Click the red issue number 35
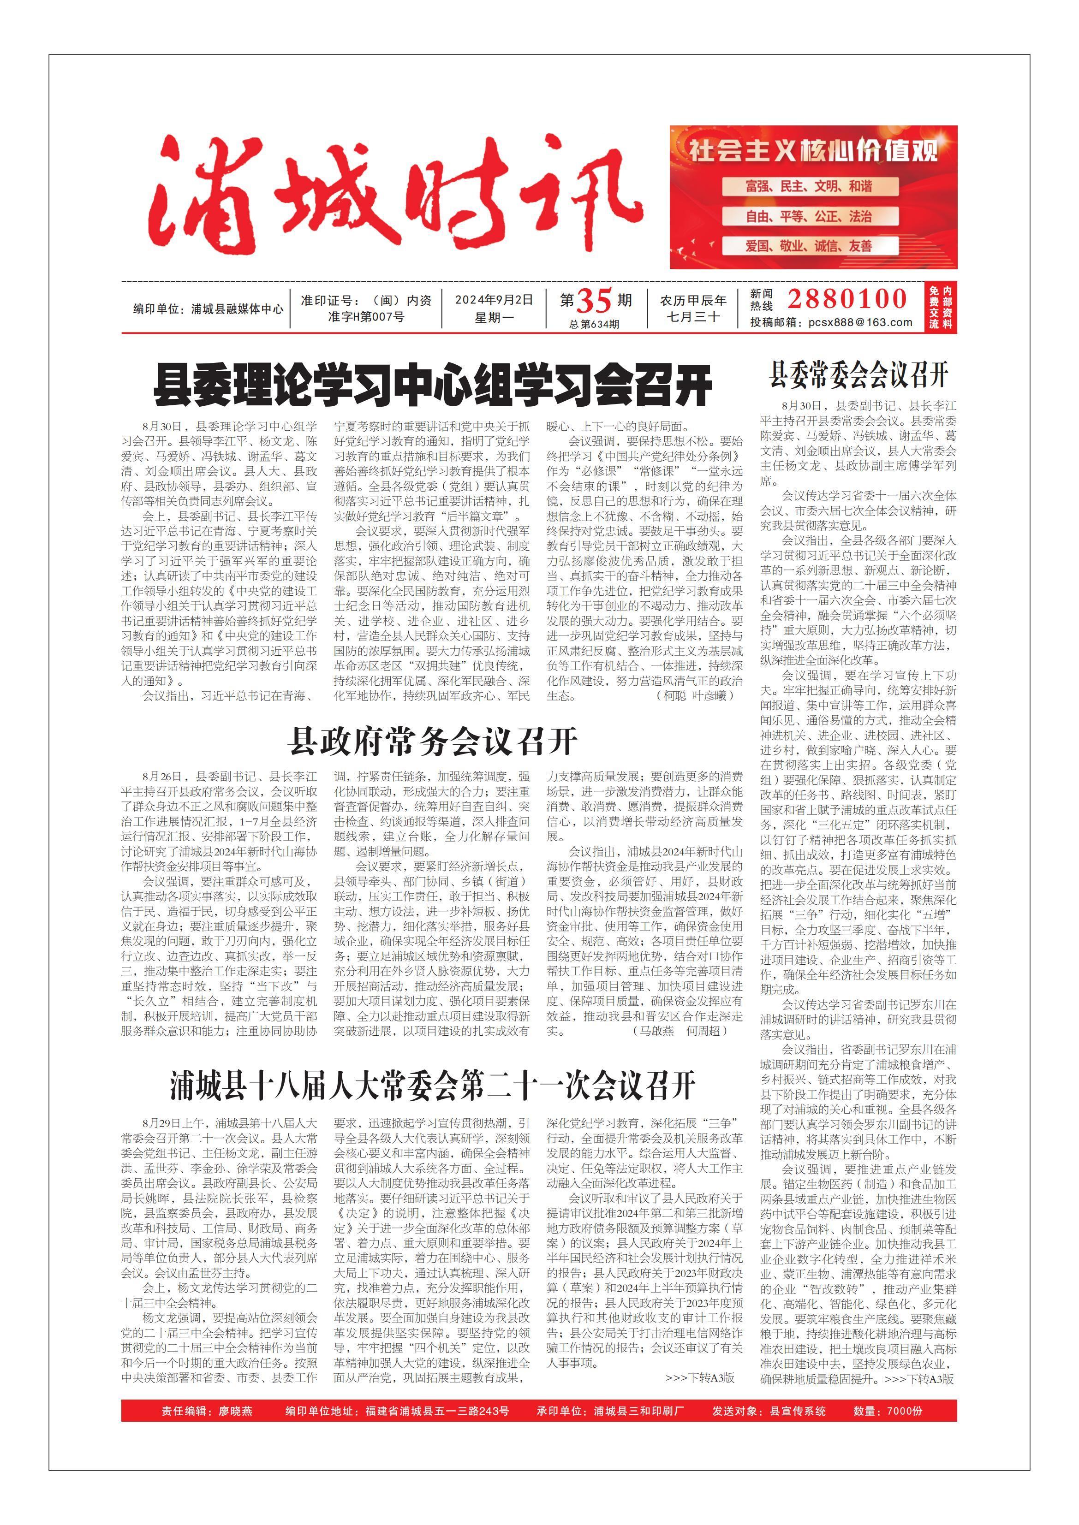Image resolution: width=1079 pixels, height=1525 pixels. pyautogui.click(x=593, y=301)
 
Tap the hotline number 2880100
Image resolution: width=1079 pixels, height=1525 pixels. pyautogui.click(x=847, y=299)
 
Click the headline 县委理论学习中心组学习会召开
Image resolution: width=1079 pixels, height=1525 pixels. pyautogui.click(x=433, y=385)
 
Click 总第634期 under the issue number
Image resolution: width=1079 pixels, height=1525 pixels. pyautogui.click(x=594, y=324)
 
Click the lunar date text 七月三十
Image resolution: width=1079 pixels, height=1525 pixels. pyautogui.click(x=693, y=317)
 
